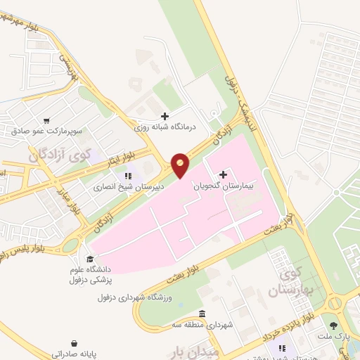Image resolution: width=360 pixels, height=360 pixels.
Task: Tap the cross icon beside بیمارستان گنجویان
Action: [224, 174]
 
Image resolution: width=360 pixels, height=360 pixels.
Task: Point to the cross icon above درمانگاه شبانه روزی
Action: [165, 116]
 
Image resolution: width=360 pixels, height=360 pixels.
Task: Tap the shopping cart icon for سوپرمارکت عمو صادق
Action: [47, 121]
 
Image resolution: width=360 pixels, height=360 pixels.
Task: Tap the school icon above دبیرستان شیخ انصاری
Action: [127, 176]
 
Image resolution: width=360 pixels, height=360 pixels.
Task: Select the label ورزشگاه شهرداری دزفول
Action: [134, 297]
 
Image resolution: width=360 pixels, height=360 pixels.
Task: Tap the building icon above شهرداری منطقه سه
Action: [202, 314]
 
